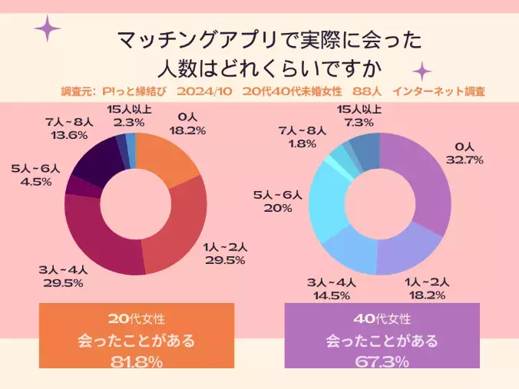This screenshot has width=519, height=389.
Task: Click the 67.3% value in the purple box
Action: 382,362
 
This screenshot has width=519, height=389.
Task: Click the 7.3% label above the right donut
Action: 359,122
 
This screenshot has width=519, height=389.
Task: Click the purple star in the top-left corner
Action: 48,28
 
